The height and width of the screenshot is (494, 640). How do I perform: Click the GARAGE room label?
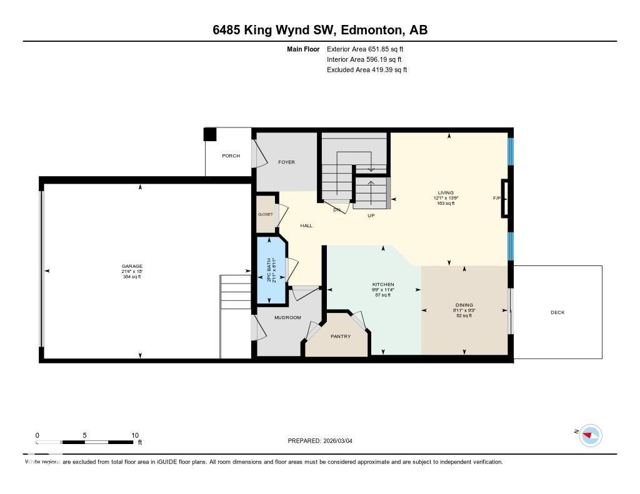pos(132,266)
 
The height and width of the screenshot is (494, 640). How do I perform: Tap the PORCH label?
pos(231,156)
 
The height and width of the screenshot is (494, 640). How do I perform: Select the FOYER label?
pos(286,162)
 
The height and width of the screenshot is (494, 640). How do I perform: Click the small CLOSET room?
pos(266,214)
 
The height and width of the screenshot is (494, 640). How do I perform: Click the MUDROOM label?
pos(287,317)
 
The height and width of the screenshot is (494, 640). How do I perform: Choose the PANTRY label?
pos(341,337)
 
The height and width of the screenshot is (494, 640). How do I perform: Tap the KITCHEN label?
pos(382,284)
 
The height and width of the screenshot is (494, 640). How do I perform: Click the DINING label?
pos(464,305)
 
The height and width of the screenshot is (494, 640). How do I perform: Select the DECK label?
pos(557,312)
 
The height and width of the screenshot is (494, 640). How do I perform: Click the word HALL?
pos(306,225)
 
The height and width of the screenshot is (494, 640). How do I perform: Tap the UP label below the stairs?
pos(371,215)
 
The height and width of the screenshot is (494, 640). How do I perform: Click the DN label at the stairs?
pos(336,210)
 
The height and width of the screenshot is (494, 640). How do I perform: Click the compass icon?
pos(590,435)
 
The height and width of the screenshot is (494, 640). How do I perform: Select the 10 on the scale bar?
pos(135,435)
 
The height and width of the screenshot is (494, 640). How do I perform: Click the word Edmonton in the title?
pos(367,31)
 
